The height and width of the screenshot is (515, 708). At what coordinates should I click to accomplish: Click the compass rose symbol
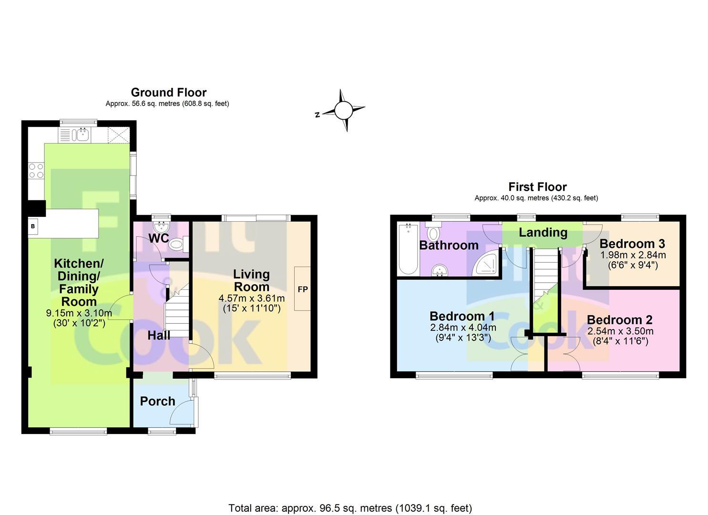point(343,111)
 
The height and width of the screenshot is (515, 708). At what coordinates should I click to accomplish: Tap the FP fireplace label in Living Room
point(303,289)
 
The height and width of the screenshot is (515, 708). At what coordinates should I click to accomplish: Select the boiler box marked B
point(33,226)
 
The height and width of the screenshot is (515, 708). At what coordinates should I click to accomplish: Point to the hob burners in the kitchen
point(36,171)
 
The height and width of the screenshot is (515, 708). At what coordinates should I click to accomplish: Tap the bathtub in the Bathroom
point(408,249)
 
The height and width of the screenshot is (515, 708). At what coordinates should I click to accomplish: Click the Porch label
point(157,402)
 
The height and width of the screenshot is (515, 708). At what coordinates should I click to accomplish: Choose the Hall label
point(159,335)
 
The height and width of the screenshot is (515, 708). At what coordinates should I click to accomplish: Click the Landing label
point(543,233)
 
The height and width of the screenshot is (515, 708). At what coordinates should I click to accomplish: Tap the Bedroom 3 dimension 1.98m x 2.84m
point(633,255)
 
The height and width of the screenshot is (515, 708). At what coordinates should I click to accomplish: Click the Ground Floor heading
point(168,93)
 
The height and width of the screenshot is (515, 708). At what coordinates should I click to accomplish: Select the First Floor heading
point(537,187)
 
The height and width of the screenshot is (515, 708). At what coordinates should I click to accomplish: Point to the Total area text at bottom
point(350,508)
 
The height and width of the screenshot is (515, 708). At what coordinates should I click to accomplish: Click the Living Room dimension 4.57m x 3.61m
point(251,299)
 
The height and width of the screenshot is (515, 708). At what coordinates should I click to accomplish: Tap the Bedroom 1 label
point(462,316)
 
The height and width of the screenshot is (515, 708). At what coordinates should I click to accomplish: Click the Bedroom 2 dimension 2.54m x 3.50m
point(620,331)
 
